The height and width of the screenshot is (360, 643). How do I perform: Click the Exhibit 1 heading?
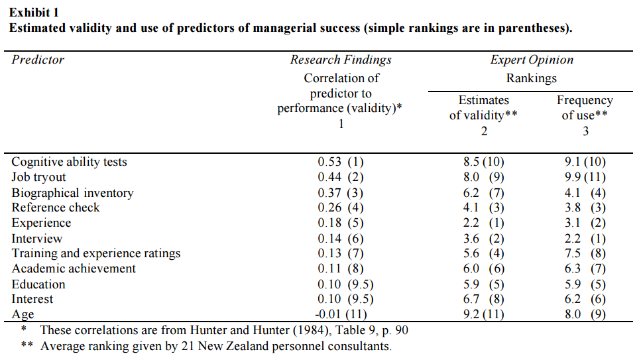[x=34, y=13]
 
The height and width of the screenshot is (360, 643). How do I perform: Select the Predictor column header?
[x=38, y=60]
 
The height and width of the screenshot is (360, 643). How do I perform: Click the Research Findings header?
[x=341, y=60]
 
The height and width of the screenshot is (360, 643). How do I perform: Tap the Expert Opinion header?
[x=532, y=60]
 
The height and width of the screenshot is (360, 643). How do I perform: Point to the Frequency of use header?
[x=585, y=107]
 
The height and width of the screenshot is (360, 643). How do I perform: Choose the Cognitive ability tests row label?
[x=69, y=162]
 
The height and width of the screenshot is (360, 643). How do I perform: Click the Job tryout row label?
[x=38, y=177]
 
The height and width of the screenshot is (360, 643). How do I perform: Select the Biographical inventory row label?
[x=72, y=193]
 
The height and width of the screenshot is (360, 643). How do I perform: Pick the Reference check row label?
[x=56, y=208]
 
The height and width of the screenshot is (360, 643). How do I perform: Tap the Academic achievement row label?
[x=74, y=269]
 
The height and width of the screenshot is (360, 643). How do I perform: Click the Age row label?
[x=23, y=314]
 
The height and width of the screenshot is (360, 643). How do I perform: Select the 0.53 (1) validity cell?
[x=341, y=162]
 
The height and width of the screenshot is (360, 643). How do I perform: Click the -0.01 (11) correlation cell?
[x=341, y=314]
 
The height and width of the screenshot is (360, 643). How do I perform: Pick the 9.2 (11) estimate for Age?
[x=483, y=314]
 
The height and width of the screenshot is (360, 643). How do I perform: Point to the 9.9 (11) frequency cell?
[x=585, y=177]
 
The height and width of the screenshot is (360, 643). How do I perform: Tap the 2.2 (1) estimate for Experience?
[x=483, y=223]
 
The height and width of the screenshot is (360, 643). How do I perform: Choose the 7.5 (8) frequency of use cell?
[x=585, y=253]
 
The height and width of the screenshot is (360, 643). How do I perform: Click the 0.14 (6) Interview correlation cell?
[x=341, y=239]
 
